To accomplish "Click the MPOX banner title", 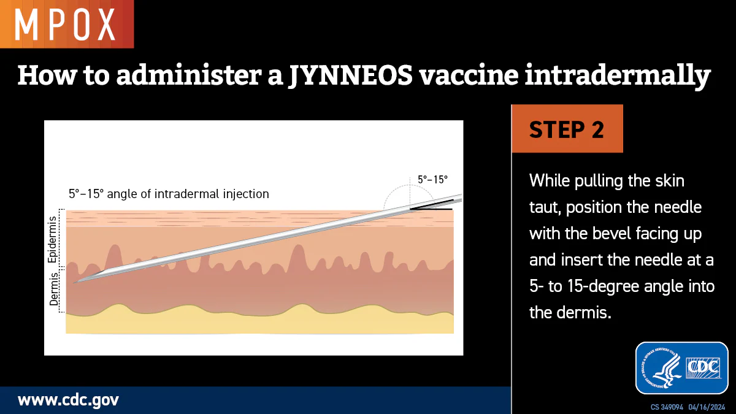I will pos(65,24).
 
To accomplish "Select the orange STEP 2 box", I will pos(567,129).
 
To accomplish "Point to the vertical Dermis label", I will pos(53,292).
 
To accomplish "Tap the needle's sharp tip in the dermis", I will pos(75,283).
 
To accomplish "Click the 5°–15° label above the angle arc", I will pos(432,180).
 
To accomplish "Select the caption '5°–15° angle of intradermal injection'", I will pos(169,194).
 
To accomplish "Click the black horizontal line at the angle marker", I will pos(432,209).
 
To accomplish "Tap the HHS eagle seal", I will pos(660,368).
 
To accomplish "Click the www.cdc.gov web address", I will pos(68,401).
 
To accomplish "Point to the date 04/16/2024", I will pos(707,407).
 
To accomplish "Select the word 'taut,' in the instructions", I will pos(543,207).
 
